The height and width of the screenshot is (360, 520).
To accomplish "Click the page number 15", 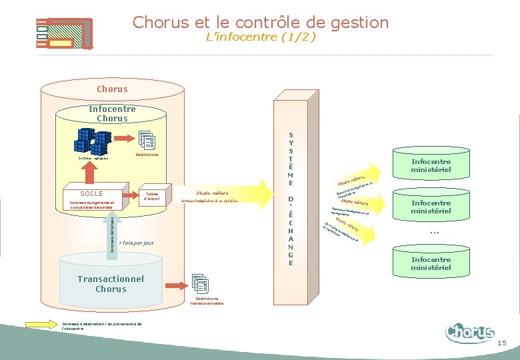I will click(x=501, y=343).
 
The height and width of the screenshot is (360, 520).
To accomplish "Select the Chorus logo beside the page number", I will click(x=470, y=332).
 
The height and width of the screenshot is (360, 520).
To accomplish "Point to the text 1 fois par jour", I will click(x=136, y=243).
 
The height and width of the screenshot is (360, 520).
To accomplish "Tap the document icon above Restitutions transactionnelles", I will click(x=201, y=284).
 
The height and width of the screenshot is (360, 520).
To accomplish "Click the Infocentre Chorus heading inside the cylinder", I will click(x=112, y=113).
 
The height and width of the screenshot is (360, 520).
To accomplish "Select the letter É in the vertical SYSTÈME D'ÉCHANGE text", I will click(x=291, y=214).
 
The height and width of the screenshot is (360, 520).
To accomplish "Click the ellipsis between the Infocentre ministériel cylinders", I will click(x=433, y=233).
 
